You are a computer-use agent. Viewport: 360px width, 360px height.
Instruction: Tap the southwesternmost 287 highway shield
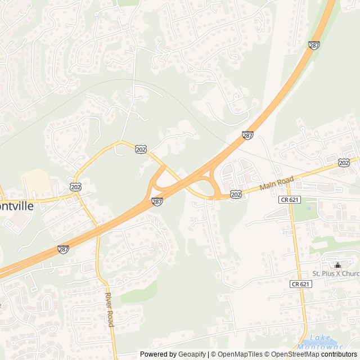pos(64,248)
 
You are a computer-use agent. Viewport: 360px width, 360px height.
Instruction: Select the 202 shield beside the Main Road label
pos(236,195)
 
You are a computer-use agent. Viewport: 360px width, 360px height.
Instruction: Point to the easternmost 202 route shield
pos(344,162)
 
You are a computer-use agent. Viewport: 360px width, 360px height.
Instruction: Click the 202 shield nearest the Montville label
pos(75,186)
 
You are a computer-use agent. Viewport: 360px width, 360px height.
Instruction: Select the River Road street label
pos(110,309)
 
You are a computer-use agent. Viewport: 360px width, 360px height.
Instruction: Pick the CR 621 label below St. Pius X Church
pos(301,284)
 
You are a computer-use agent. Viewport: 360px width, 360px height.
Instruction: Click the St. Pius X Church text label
pos(336,274)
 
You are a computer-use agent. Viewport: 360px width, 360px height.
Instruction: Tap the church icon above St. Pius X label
pos(337,265)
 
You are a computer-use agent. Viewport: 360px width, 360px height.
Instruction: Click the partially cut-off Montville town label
pos(17,206)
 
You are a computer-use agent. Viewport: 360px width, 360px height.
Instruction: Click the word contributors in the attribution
pos(339,354)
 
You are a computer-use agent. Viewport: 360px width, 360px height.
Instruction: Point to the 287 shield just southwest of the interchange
pos(157,201)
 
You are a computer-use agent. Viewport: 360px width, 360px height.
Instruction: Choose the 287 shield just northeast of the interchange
pos(247,135)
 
